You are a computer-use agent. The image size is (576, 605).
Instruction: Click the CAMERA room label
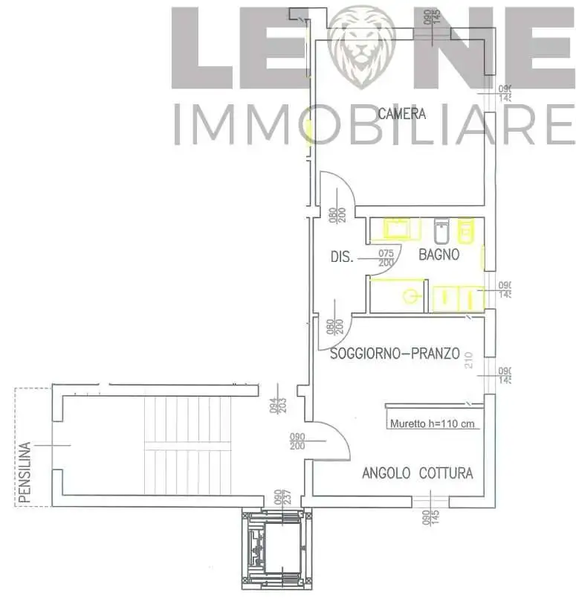(x=401, y=114)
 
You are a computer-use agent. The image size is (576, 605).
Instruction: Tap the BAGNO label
(x=439, y=255)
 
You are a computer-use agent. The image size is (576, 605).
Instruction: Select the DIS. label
(x=342, y=258)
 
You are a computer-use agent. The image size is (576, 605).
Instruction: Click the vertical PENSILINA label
(x=26, y=473)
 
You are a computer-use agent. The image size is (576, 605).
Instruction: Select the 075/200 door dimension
(x=386, y=258)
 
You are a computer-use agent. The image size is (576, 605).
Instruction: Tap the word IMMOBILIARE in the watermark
(x=372, y=124)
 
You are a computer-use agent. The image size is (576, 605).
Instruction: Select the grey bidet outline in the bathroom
(x=440, y=231)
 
